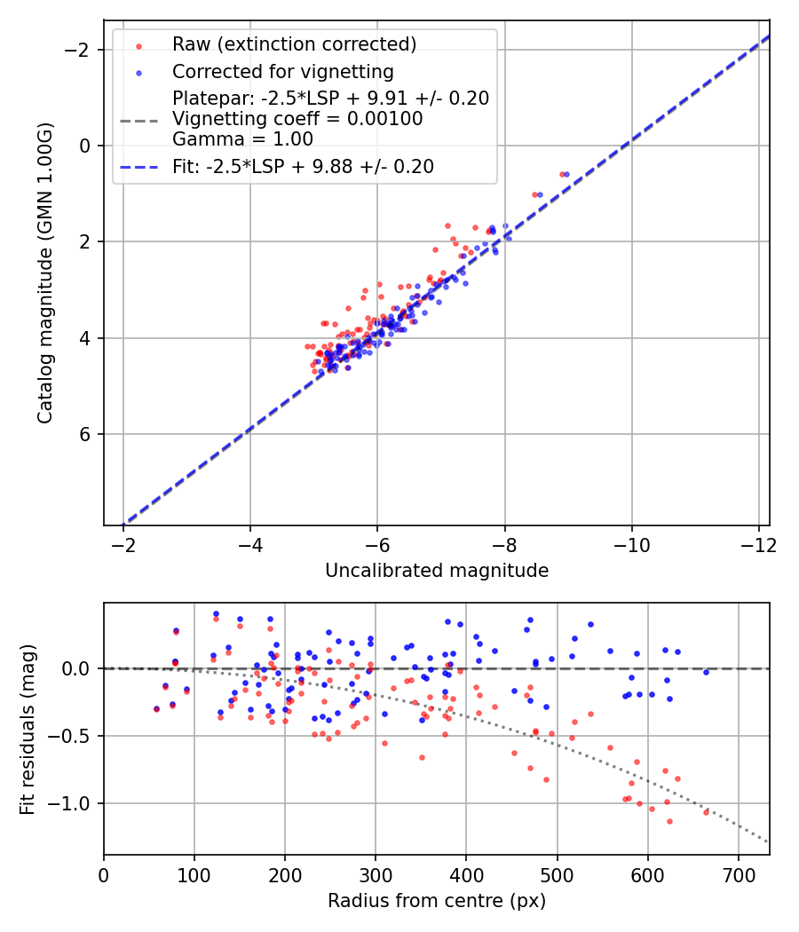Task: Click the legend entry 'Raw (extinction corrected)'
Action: click(294, 44)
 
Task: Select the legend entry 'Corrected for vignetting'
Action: click(283, 71)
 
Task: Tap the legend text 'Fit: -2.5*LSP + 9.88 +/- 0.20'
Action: click(303, 166)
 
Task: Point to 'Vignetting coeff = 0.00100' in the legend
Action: click(297, 118)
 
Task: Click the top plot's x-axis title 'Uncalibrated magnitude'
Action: click(437, 571)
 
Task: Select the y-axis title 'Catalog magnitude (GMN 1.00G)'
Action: click(45, 272)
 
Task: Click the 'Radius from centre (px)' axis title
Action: click(437, 901)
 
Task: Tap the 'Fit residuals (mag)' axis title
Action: click(28, 729)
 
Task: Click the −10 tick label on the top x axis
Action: click(631, 544)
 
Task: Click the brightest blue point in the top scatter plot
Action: click(567, 174)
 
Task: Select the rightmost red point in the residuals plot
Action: click(707, 812)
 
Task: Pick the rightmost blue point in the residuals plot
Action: click(706, 672)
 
